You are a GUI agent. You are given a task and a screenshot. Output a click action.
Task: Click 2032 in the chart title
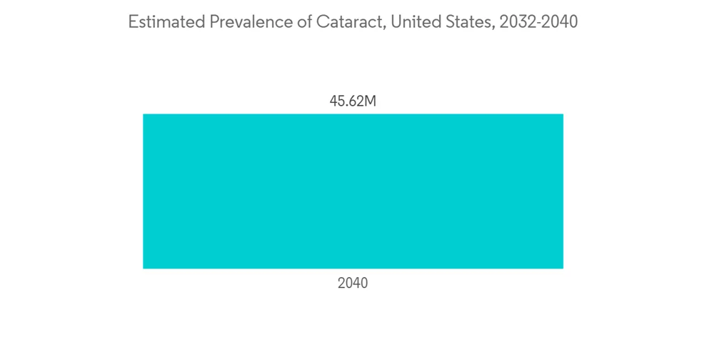point(518,22)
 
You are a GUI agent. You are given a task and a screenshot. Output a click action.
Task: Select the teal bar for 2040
point(353,191)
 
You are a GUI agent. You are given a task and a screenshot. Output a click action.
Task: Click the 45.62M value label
point(353,101)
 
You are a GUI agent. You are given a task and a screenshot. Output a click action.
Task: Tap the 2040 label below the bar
point(353,284)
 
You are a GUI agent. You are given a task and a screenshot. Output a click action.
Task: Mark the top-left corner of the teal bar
point(144,114)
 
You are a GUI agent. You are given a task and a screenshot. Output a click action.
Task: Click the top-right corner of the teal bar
point(563,114)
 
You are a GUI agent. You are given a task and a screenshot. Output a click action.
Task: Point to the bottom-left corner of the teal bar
point(144,268)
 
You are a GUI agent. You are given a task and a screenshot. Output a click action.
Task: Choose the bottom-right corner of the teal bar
point(563,268)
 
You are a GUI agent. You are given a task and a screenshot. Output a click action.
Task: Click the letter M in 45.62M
point(371,101)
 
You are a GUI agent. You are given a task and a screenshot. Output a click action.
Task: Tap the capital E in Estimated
point(133,22)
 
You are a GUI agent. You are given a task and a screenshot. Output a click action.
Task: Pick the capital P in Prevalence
point(213,22)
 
